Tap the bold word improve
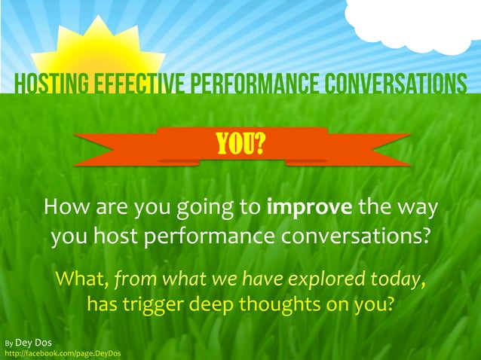[x=310, y=207]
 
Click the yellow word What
[x=80, y=280]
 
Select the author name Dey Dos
[x=34, y=343]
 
